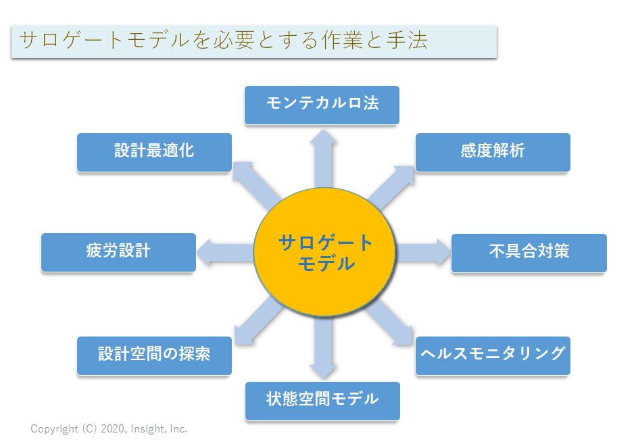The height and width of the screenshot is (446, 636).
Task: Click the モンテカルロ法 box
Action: (322, 105)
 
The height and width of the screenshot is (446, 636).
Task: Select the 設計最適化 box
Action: (154, 153)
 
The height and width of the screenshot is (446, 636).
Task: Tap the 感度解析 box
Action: (493, 153)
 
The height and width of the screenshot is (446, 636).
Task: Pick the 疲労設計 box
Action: (118, 252)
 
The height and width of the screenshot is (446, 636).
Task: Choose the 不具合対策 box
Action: (529, 253)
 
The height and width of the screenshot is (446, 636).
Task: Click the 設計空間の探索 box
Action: (154, 355)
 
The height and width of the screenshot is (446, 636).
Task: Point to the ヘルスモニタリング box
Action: (493, 355)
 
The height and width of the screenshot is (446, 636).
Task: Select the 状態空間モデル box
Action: (322, 401)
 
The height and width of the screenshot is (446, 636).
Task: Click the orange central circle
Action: (324, 252)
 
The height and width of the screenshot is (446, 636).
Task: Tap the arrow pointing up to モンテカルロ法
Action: (323, 159)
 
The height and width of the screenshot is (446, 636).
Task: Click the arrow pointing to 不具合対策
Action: (422, 252)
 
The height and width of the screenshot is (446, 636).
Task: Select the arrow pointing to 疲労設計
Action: (225, 252)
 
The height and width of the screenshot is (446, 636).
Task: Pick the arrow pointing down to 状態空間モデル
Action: (323, 347)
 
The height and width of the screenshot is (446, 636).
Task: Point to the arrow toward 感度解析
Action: (390, 187)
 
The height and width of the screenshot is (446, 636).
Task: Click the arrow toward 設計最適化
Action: (257, 186)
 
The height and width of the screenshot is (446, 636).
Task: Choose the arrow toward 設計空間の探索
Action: (259, 321)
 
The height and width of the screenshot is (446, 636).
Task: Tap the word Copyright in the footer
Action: (54, 429)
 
